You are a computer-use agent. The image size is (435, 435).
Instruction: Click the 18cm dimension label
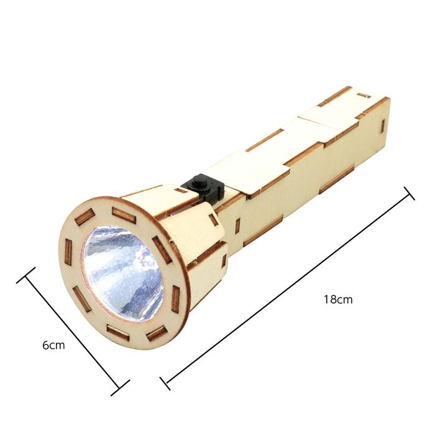point(338,300)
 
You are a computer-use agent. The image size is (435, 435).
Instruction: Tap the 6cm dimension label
point(53,346)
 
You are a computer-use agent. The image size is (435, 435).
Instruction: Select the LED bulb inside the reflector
point(144,259)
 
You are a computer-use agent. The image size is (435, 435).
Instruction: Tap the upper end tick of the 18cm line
point(409,193)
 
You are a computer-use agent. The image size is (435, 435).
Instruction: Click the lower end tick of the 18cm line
point(165,383)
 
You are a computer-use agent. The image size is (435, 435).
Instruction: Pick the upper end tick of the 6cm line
point(26,275)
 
